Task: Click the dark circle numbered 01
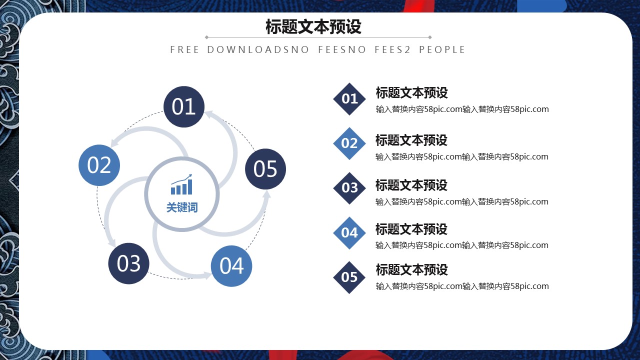point(184,106)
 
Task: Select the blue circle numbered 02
point(99,165)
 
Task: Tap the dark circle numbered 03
point(129,263)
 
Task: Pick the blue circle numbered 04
point(231,266)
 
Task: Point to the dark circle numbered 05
point(265,169)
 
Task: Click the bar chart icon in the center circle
point(181,184)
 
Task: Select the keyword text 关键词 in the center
point(182,207)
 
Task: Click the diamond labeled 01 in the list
point(349,99)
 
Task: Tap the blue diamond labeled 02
point(349,143)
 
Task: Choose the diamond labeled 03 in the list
point(349,188)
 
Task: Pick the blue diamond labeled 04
point(349,233)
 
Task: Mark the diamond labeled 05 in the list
point(349,277)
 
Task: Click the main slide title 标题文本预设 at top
point(313,26)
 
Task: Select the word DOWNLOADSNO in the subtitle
point(258,49)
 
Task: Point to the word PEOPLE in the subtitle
point(442,49)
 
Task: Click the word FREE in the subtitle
point(184,49)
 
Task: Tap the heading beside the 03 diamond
point(411,185)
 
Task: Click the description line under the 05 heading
point(462,286)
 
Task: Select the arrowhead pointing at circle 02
point(115,141)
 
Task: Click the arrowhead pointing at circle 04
point(206,275)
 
